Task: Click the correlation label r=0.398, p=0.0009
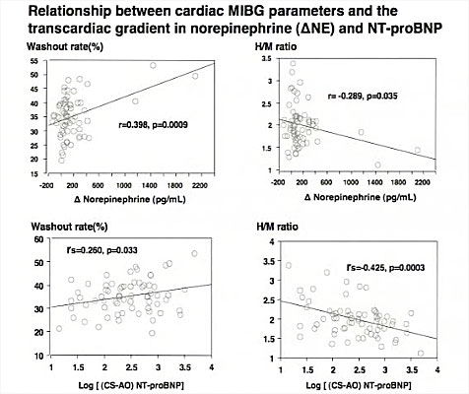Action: pyautogui.click(x=153, y=125)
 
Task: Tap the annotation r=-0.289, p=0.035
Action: pyautogui.click(x=363, y=96)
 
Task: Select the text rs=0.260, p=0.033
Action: pyautogui.click(x=101, y=250)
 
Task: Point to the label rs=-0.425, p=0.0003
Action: pyautogui.click(x=385, y=268)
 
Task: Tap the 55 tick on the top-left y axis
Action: pyautogui.click(x=34, y=61)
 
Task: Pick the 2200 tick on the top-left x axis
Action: pyautogui.click(x=200, y=185)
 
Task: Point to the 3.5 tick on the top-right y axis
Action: pyautogui.click(x=266, y=59)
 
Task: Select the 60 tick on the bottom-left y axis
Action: pyautogui.click(x=38, y=239)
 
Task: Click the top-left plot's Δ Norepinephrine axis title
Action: pyautogui.click(x=130, y=199)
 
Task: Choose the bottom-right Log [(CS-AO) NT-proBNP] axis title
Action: pyautogui.click(x=359, y=385)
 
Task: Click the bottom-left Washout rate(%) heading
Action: pyautogui.click(x=69, y=227)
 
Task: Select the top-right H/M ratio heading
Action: pyautogui.click(x=276, y=46)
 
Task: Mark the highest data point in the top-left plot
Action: pyautogui.click(x=153, y=65)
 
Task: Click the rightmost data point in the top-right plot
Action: pyautogui.click(x=418, y=150)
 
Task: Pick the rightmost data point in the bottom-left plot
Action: pyautogui.click(x=194, y=253)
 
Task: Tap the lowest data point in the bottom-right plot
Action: pyautogui.click(x=421, y=353)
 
